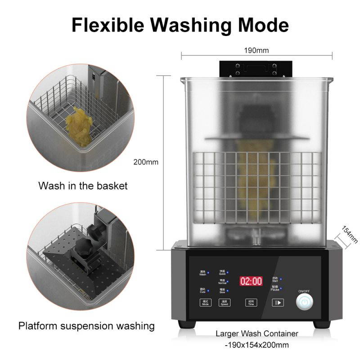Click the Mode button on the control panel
point(206,302)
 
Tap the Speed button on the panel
point(225,302)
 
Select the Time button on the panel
point(251,302)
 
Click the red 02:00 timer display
point(251,281)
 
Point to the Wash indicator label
point(202,273)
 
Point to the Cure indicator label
point(202,291)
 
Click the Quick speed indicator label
point(222,272)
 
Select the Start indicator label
point(275,279)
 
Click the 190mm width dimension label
point(256,50)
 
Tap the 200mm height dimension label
point(146,162)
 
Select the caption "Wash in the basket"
point(83,185)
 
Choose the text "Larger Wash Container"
point(257,334)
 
